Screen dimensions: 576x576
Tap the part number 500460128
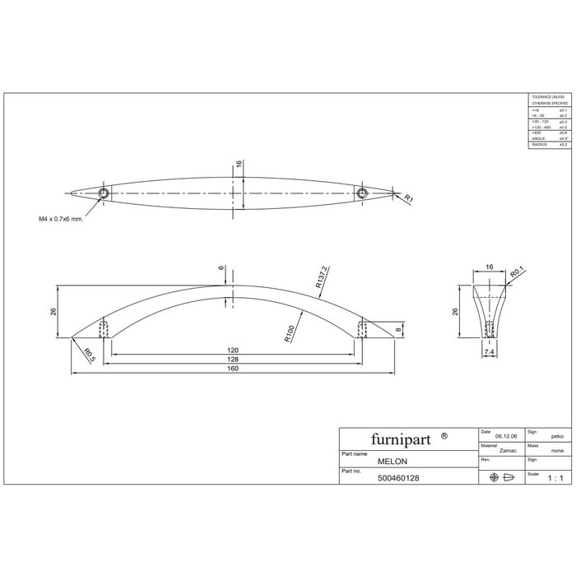(x=401, y=478)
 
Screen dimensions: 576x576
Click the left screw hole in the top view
(x=104, y=193)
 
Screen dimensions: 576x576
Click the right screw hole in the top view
(x=361, y=193)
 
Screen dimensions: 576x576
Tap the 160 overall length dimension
(x=233, y=368)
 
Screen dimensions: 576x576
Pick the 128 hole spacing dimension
(x=233, y=359)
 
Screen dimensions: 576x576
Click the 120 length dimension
(x=233, y=350)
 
